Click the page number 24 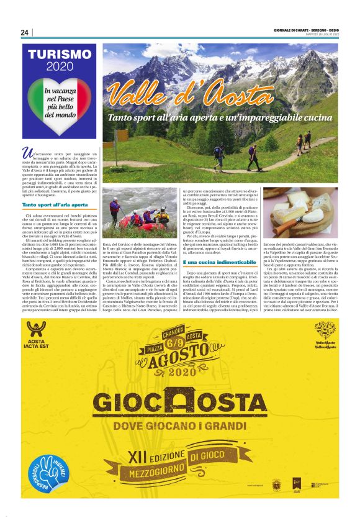click(24, 32)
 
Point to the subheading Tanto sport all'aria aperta click(54, 204)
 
